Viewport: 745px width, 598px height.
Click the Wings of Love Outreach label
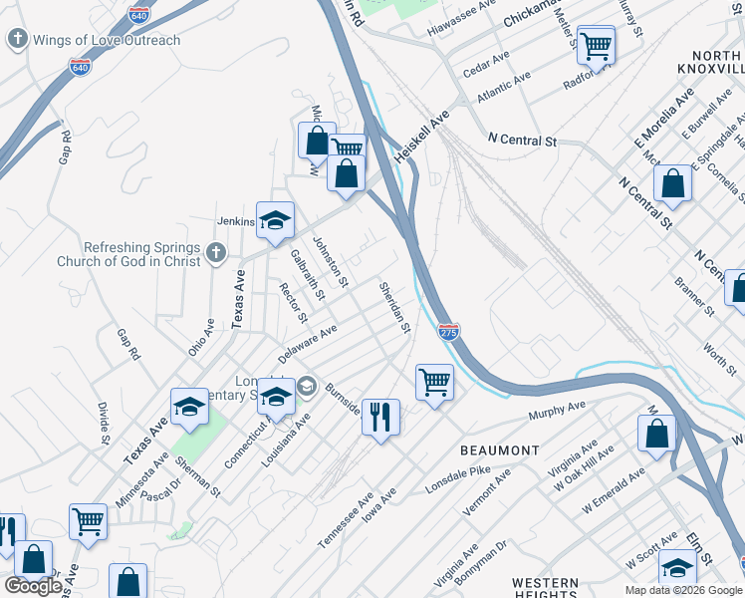107,40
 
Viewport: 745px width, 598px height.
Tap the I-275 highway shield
449,332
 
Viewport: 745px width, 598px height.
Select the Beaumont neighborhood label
499,450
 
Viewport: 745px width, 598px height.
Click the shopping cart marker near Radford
596,45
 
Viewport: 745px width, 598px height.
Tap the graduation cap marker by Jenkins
275,221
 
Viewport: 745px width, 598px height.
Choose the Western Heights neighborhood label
545,588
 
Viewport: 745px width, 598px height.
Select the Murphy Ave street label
558,409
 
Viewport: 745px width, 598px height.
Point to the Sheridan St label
394,306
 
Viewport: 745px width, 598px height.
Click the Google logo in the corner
33,586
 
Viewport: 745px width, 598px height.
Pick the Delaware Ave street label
308,341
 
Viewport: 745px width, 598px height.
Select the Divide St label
104,424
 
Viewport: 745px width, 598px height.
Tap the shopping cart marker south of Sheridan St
434,382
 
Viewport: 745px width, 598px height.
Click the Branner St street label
696,297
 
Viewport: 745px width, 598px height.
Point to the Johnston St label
330,262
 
